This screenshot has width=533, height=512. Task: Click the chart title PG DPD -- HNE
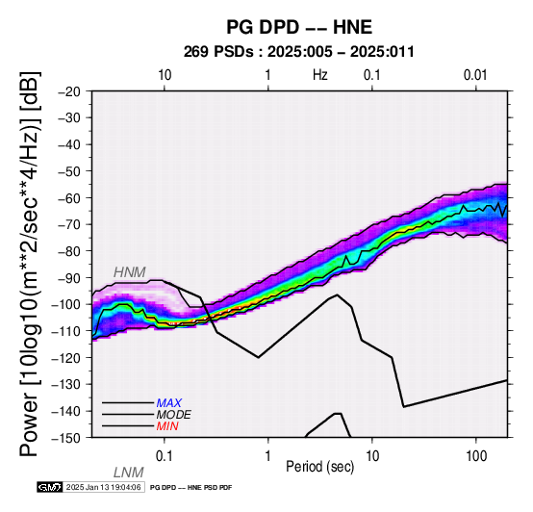click(x=299, y=27)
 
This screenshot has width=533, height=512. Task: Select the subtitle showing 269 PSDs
click(x=299, y=52)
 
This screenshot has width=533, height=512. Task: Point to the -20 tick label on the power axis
click(x=69, y=91)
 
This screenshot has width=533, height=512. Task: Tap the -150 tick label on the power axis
click(x=66, y=438)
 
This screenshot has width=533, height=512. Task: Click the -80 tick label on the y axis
click(x=69, y=251)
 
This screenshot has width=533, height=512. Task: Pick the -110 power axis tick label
click(x=66, y=331)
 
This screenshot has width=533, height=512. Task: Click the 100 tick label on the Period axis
click(x=476, y=456)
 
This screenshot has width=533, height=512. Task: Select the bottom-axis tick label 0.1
click(x=165, y=456)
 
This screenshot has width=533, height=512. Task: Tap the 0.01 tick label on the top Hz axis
click(x=475, y=75)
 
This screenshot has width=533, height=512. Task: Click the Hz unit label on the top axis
click(x=320, y=75)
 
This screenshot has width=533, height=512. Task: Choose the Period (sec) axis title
click(x=319, y=467)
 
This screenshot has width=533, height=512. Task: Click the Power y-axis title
click(x=30, y=264)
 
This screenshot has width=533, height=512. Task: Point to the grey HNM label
click(x=130, y=272)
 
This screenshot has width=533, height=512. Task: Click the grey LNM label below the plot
click(x=129, y=473)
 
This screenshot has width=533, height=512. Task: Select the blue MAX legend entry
click(x=169, y=403)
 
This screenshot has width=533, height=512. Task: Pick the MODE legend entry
click(x=174, y=415)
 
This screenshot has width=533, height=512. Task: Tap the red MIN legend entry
click(x=167, y=426)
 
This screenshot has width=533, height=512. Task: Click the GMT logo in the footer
click(x=50, y=487)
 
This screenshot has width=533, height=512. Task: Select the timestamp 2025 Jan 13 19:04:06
click(x=103, y=487)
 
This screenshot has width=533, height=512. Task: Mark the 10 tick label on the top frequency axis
click(x=165, y=75)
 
